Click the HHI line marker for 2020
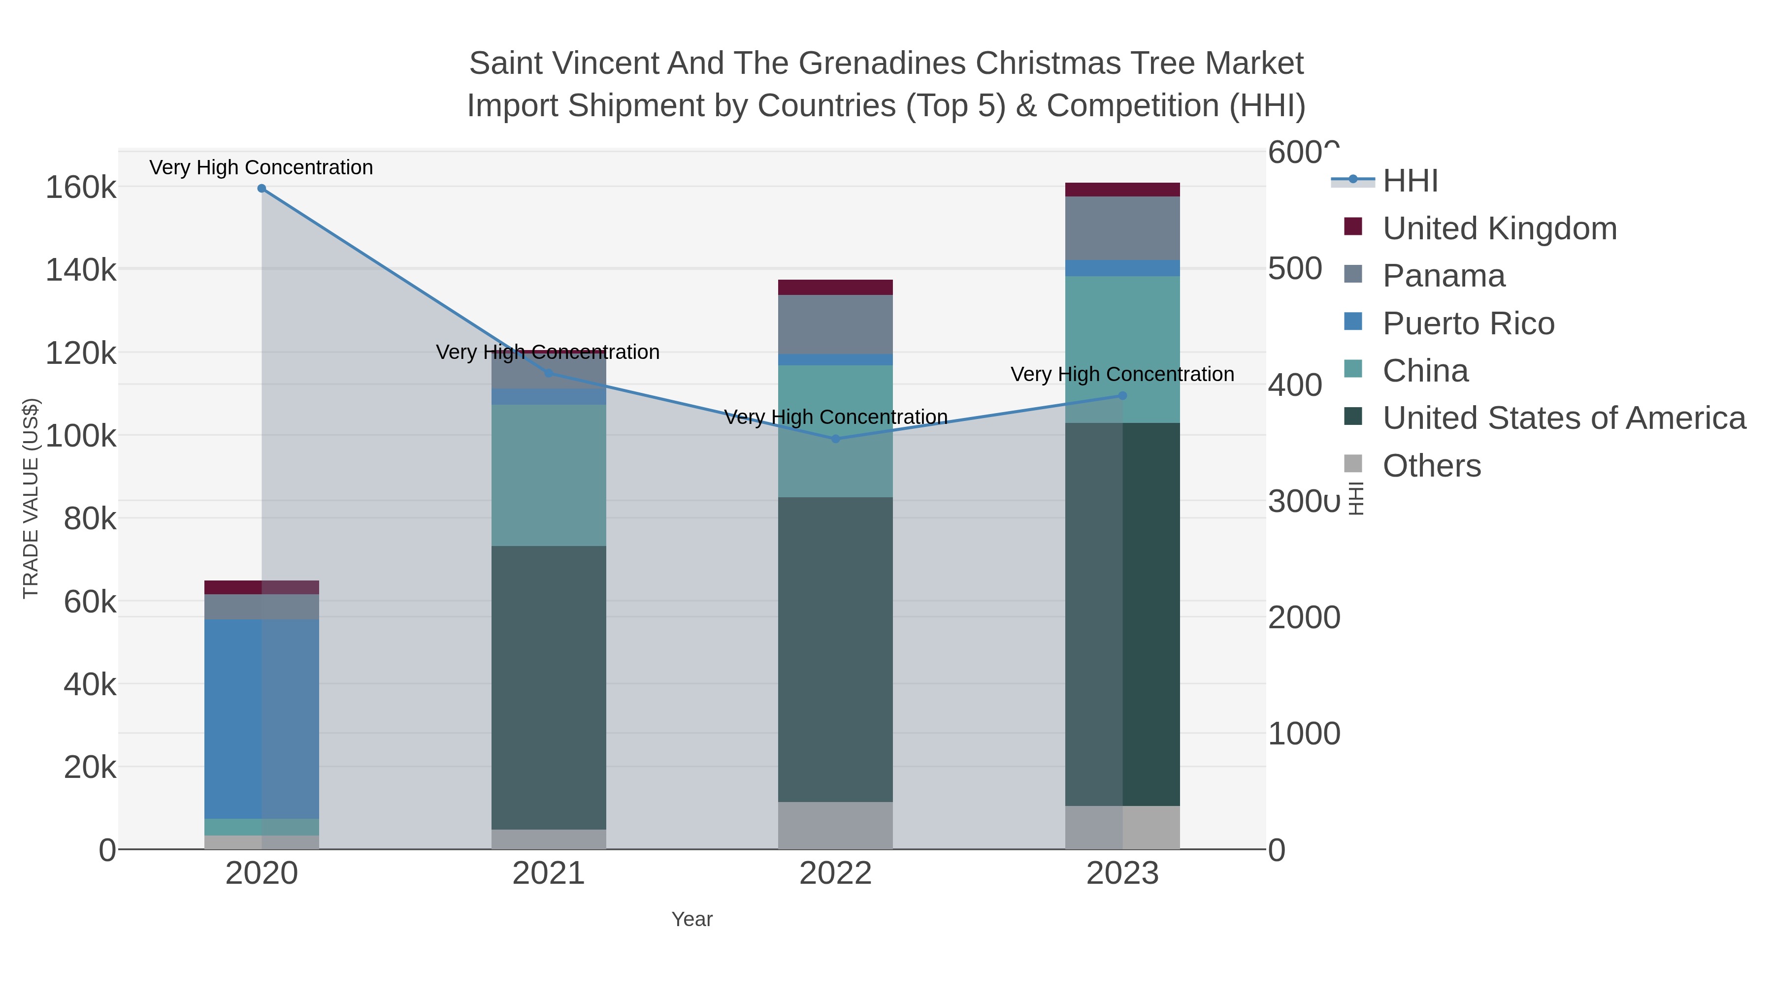click(262, 189)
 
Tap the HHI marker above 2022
click(836, 439)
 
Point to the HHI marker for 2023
click(1122, 396)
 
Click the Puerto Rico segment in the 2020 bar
click(262, 718)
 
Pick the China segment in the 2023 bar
click(1122, 349)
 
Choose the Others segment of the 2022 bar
click(836, 825)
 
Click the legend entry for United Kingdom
click(1499, 228)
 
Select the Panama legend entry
click(1444, 276)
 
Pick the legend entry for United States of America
click(1564, 418)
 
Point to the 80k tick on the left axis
click(90, 519)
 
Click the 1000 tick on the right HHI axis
click(1304, 734)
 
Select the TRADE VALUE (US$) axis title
click(31, 498)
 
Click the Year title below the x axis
click(692, 919)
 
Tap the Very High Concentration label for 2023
click(1122, 374)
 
